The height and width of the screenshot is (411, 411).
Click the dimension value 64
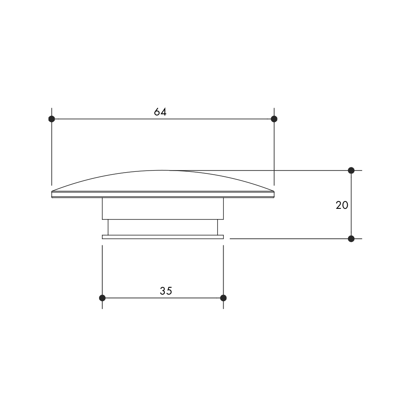pyautogui.click(x=160, y=112)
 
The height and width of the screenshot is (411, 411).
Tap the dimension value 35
pyautogui.click(x=166, y=291)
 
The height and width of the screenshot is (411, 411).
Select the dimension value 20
pyautogui.click(x=342, y=205)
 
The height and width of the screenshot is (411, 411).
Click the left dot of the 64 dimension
pyautogui.click(x=52, y=119)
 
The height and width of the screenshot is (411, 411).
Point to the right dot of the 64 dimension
pyautogui.click(x=274, y=119)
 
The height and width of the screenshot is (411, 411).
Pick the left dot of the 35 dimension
pyautogui.click(x=102, y=298)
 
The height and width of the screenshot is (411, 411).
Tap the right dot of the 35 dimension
pyautogui.click(x=223, y=298)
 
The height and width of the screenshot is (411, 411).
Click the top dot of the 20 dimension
pyautogui.click(x=351, y=171)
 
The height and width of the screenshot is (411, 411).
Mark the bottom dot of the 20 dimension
pyautogui.click(x=351, y=239)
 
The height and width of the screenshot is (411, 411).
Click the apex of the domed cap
pyautogui.click(x=161, y=171)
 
